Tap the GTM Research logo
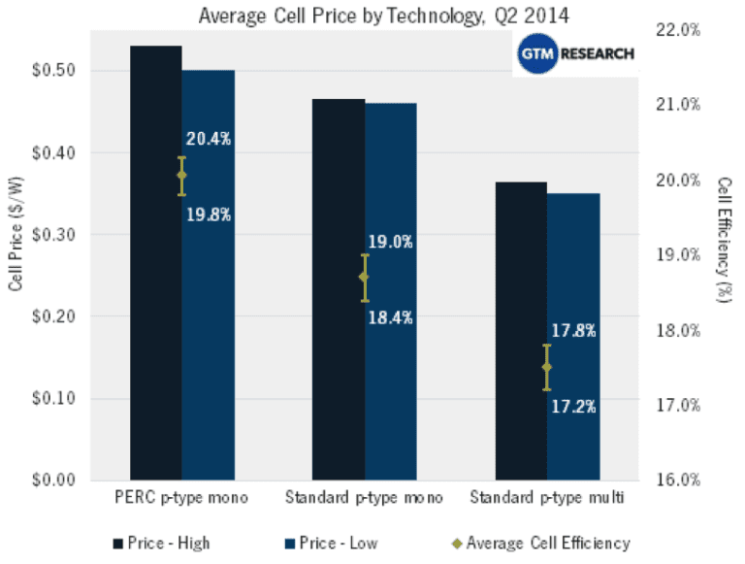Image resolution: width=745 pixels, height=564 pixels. tap(575, 55)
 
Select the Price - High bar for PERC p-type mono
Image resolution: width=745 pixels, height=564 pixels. tap(155, 262)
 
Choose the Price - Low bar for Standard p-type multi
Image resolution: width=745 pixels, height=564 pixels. tap(573, 336)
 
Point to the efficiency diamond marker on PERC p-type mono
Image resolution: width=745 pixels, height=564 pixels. tap(181, 176)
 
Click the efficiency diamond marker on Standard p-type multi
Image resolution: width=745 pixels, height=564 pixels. tap(547, 368)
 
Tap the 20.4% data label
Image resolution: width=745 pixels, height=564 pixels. tap(209, 139)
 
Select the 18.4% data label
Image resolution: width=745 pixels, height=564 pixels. tap(391, 316)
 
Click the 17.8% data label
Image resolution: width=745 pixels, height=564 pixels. tap(573, 331)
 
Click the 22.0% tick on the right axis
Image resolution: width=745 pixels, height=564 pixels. tap(680, 30)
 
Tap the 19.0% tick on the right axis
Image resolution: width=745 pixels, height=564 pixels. tap(680, 255)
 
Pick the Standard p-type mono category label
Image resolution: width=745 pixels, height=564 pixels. tap(364, 499)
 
